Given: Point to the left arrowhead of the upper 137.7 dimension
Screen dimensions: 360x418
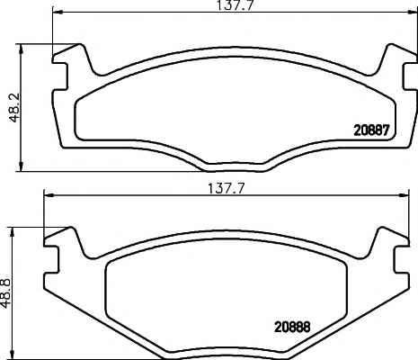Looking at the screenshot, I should point(57,12).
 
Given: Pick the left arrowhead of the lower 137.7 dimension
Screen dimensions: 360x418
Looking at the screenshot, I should point(48,196).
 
